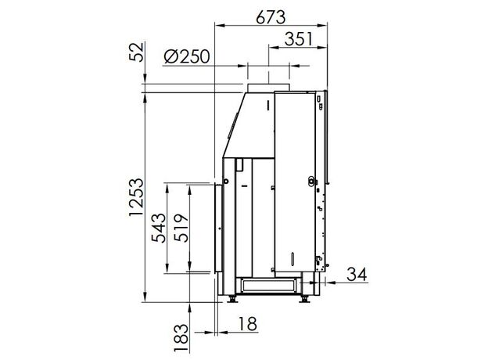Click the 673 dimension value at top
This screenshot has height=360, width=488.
pyautogui.click(x=271, y=17)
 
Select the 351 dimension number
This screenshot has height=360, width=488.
pyautogui.click(x=299, y=39)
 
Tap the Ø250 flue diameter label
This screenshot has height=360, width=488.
pyautogui.click(x=187, y=57)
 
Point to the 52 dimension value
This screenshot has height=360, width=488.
pyautogui.click(x=137, y=52)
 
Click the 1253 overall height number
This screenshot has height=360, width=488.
pyautogui.click(x=137, y=197)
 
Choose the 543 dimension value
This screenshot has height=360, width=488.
pyautogui.click(x=159, y=228)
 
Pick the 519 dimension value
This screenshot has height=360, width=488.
pyautogui.click(x=181, y=228)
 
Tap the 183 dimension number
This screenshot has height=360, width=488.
pyautogui.click(x=181, y=338)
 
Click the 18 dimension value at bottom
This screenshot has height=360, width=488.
pyautogui.click(x=248, y=324)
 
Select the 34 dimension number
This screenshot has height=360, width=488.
pyautogui.click(x=357, y=275)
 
